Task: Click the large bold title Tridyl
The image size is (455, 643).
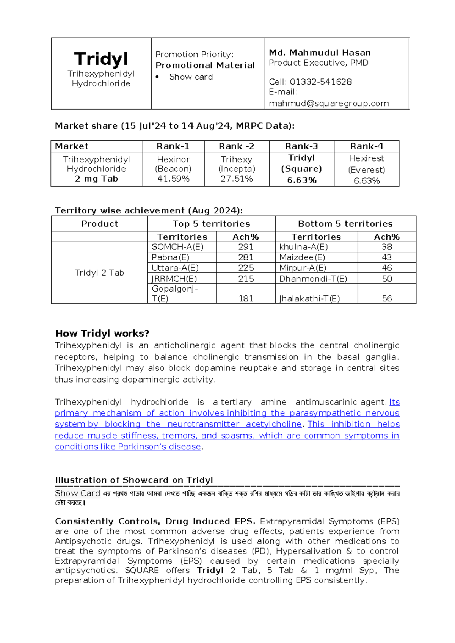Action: click(x=101, y=59)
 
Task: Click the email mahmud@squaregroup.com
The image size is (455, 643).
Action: click(x=329, y=104)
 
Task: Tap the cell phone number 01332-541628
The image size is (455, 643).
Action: click(x=321, y=82)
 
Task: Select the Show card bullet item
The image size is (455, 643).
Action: click(x=191, y=77)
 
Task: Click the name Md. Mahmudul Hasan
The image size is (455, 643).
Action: click(x=320, y=53)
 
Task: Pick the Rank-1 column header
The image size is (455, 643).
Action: click(x=173, y=146)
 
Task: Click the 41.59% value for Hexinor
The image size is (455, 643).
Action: click(x=173, y=179)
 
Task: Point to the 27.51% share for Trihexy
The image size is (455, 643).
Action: click(x=237, y=179)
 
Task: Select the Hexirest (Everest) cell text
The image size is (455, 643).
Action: click(x=366, y=164)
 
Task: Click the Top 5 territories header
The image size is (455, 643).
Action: click(x=211, y=224)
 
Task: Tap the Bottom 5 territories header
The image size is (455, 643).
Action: click(x=345, y=224)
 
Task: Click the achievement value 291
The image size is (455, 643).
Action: click(x=246, y=247)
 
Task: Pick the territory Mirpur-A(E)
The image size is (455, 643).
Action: click(x=303, y=268)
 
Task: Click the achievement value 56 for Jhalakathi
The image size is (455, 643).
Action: click(x=387, y=298)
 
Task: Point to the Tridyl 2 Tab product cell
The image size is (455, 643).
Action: click(x=99, y=273)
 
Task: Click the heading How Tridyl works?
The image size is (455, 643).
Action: click(x=102, y=333)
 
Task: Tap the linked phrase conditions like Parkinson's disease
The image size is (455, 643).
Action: click(x=128, y=447)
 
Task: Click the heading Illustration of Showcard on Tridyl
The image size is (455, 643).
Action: click(x=134, y=480)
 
